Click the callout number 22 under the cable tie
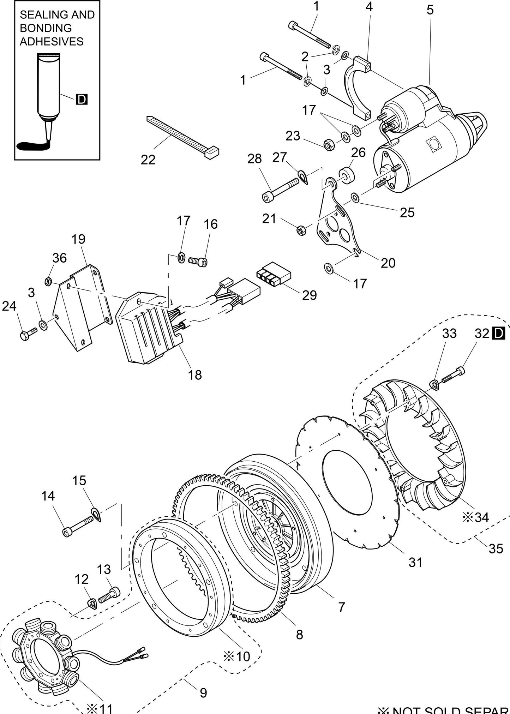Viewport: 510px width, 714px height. [148, 160]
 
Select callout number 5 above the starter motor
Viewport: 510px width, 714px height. [430, 10]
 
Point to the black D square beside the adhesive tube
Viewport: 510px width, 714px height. [82, 100]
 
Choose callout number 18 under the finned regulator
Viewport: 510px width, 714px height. [194, 375]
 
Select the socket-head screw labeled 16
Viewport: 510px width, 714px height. [198, 262]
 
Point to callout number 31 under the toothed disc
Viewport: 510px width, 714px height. [415, 563]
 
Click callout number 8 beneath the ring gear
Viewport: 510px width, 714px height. [299, 635]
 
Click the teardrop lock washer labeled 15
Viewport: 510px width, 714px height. [96, 514]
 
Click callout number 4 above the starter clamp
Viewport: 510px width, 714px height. [369, 7]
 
